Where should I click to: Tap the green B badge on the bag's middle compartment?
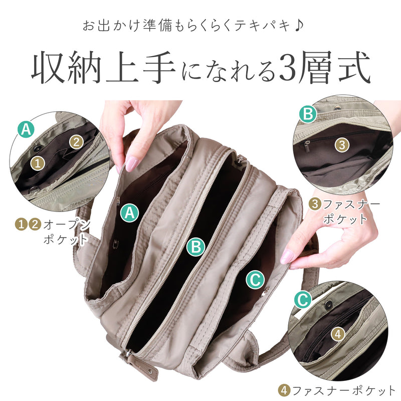196,246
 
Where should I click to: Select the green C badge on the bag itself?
255,280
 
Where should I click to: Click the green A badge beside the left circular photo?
26,129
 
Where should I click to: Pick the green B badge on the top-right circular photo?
308,114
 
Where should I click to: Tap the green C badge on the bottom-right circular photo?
302,300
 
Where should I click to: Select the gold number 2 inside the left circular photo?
76,142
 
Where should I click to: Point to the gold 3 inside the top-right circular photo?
341,145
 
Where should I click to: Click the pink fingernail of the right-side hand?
287,257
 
